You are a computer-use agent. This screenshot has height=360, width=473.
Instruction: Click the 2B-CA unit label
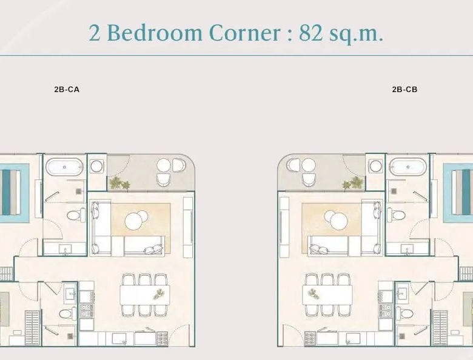(x=67, y=89)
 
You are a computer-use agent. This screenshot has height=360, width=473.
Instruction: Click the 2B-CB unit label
(x=404, y=89)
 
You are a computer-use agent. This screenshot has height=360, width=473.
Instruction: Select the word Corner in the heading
(x=244, y=33)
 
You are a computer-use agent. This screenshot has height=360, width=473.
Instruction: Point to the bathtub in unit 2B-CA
(x=64, y=167)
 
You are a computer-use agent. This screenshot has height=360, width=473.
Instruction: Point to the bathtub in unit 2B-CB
(x=408, y=167)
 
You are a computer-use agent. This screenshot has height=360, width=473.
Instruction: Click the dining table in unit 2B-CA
(x=145, y=295)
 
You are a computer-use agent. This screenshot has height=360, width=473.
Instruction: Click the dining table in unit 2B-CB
(x=327, y=295)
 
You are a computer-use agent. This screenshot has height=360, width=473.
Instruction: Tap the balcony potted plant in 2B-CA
(x=119, y=183)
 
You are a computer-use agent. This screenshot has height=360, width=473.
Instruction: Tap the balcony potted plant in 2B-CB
(x=353, y=183)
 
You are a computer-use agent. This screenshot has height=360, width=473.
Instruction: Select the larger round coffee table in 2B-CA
(x=133, y=221)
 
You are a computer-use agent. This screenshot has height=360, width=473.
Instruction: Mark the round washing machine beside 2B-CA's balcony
(x=97, y=166)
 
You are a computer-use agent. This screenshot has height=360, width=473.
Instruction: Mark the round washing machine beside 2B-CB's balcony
(x=375, y=166)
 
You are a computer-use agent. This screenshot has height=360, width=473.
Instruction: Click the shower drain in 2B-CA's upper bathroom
(x=79, y=191)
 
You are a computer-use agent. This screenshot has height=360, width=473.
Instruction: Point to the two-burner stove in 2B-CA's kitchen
(x=87, y=311)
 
